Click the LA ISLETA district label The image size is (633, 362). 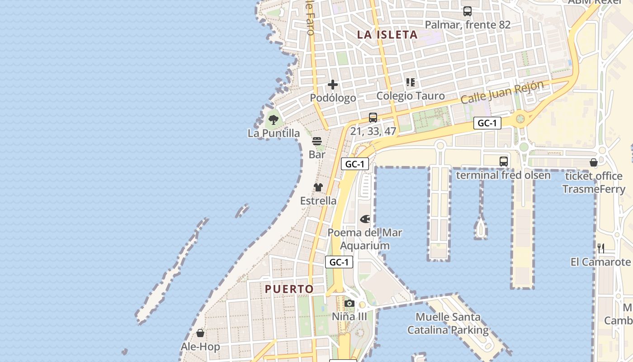tap(387, 34)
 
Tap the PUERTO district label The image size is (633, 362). tap(289, 289)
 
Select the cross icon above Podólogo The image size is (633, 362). tap(333, 85)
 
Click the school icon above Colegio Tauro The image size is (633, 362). tap(411, 82)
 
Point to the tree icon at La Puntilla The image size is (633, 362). tap(273, 120)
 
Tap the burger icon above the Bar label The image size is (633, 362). tap(317, 141)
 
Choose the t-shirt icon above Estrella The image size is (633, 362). tap(318, 187)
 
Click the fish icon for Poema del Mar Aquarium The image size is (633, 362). tap(365, 219)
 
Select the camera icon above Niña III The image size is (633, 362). tap(350, 303)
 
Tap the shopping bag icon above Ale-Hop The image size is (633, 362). tap(200, 333)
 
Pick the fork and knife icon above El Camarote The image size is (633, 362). tap(601, 248)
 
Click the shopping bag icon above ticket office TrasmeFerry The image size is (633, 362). tap(594, 162)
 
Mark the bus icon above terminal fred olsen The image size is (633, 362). tap(503, 162)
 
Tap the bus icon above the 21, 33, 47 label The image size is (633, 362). tap(373, 118)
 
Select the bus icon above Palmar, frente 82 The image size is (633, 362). tap(468, 11)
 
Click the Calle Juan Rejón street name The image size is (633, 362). tap(502, 92)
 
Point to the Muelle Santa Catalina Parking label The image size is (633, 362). tap(448, 324)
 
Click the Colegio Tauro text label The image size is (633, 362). tap(411, 96)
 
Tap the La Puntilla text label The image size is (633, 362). tap(274, 133)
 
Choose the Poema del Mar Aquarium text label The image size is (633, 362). tap(364, 239)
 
